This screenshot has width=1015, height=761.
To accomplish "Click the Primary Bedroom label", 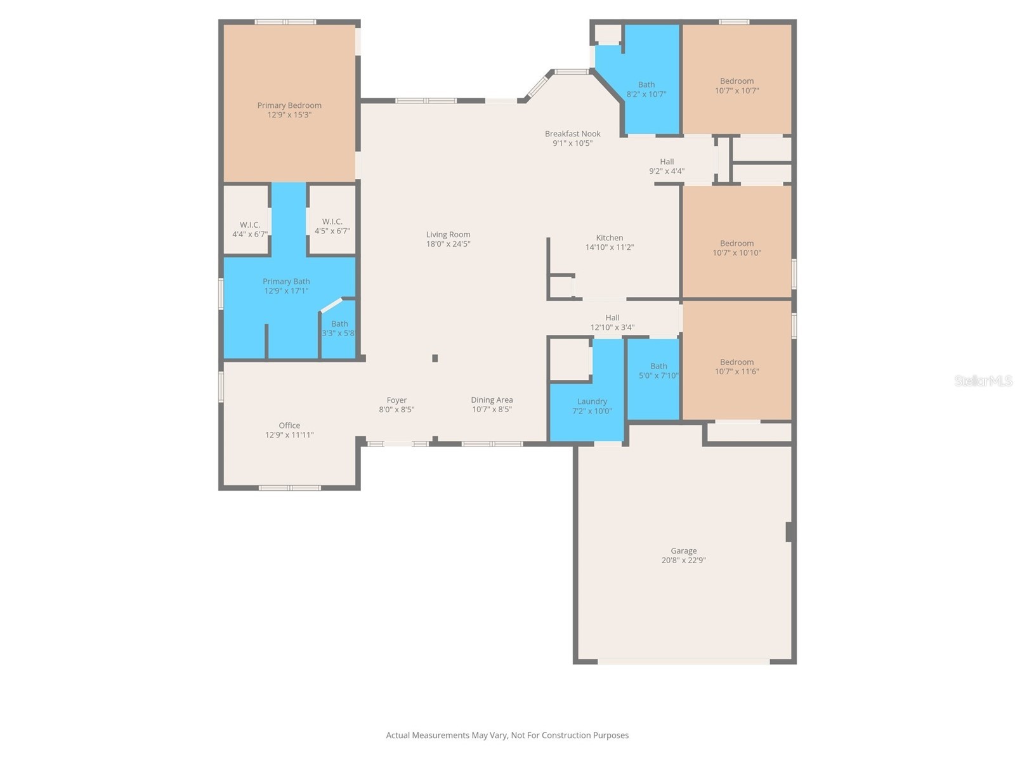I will (x=289, y=105).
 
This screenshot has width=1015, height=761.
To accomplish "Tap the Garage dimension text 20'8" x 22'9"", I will (x=683, y=561).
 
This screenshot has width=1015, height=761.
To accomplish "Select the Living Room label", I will (x=448, y=235).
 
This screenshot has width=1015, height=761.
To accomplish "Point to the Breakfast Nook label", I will (x=572, y=134).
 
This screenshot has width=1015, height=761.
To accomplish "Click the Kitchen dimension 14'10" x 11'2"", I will (x=609, y=247).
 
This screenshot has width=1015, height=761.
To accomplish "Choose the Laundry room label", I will (x=592, y=401).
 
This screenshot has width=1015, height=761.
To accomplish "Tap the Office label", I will (x=289, y=426).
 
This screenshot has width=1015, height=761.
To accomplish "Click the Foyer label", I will (x=396, y=400).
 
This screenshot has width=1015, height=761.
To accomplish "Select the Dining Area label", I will (x=492, y=400).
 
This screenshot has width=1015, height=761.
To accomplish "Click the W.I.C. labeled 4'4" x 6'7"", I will (x=249, y=230).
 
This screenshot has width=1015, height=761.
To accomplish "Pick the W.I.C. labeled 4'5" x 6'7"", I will (x=332, y=226).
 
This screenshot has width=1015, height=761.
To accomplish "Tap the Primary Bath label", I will (x=286, y=282).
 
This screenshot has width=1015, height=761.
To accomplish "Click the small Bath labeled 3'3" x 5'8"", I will (x=339, y=328).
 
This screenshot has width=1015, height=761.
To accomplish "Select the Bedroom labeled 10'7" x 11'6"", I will (x=737, y=367).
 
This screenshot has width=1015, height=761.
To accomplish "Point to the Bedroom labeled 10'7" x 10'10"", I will (x=737, y=248).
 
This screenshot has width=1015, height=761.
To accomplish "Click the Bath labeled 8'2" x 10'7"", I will (x=646, y=89).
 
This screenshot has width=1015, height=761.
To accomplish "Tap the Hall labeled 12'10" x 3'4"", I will (x=612, y=322).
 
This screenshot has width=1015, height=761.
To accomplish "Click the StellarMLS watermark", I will (x=983, y=380).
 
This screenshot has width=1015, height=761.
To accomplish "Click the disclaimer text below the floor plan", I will (x=507, y=736).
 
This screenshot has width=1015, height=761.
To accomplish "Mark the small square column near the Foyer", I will (x=435, y=358).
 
